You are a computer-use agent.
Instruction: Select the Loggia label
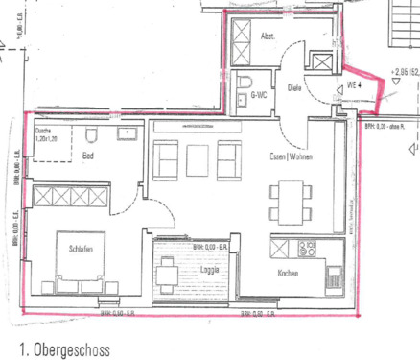pos(211,270)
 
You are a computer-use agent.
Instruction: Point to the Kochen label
pos(289,274)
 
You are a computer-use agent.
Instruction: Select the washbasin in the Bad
pos(126,134)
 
